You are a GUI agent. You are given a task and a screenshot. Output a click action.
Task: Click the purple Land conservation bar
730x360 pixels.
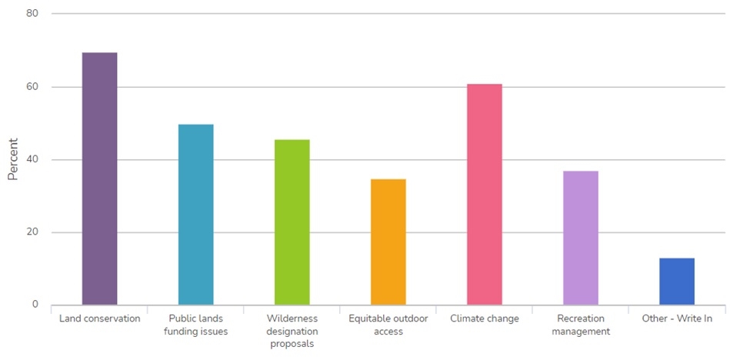[99, 178]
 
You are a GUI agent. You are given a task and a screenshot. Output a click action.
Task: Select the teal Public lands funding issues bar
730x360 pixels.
[195, 215]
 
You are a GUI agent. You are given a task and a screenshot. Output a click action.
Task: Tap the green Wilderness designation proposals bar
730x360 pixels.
[292, 222]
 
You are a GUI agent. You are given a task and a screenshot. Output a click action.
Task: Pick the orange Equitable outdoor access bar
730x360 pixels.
[388, 242]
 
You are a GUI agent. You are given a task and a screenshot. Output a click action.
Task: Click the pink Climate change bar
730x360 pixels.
[485, 194]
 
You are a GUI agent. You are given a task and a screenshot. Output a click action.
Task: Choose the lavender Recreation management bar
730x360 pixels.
[581, 238]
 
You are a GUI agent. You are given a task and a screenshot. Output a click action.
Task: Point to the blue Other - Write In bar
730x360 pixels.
[677, 282]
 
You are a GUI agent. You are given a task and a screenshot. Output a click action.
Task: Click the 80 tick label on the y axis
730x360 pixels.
[34, 14]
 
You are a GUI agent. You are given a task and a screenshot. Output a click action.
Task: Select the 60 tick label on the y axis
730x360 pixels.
[34, 87]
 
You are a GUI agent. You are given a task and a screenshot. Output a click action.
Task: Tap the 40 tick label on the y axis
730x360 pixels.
[34, 160]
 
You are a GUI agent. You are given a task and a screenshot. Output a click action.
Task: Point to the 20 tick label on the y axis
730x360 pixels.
[34, 232]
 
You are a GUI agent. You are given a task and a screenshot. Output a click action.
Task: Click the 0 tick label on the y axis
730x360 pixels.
[36, 305]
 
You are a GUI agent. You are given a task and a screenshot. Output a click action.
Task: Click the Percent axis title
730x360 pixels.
[13, 159]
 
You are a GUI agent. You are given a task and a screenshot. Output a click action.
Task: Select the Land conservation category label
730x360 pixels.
[99, 318]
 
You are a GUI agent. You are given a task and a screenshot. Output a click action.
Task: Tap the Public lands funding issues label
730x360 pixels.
[195, 325]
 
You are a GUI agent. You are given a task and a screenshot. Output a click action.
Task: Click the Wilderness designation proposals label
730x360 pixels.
[292, 331]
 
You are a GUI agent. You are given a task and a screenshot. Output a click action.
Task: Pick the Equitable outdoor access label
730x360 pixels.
[388, 325]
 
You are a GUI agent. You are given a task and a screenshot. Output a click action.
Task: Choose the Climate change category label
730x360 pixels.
[485, 318]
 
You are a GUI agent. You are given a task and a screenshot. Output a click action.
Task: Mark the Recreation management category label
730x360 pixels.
[581, 325]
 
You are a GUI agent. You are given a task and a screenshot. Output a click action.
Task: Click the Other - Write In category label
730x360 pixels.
[677, 318]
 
